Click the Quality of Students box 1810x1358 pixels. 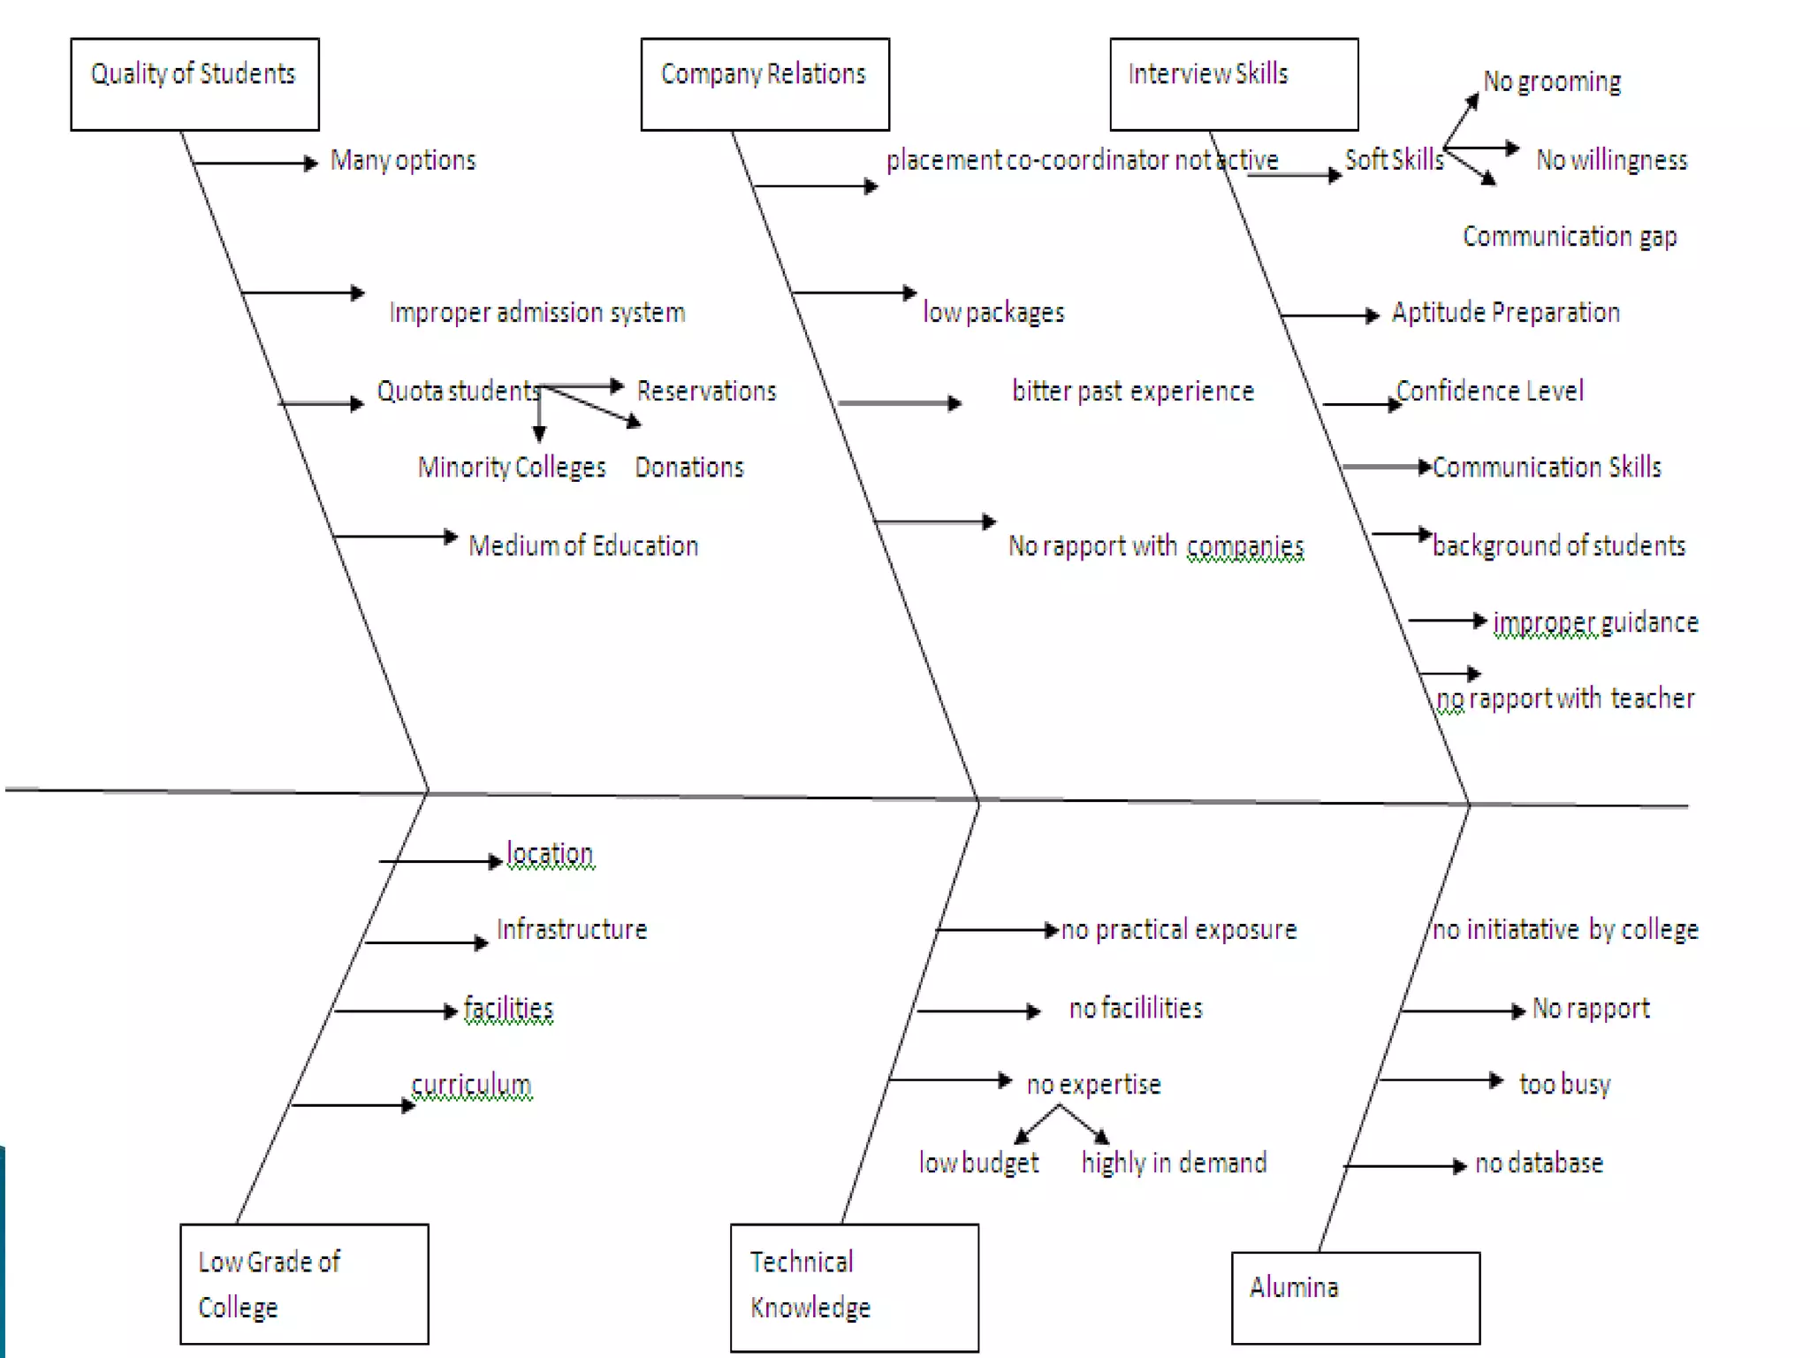[x=194, y=84]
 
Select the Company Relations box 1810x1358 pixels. [x=764, y=84]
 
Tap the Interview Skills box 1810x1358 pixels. [x=1234, y=84]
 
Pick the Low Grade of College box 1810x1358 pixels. [x=304, y=1284]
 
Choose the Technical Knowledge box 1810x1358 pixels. [x=854, y=1287]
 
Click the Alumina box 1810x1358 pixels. [x=1355, y=1297]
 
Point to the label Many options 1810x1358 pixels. [x=403, y=160]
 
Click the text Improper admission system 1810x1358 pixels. [x=536, y=312]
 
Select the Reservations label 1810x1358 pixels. [x=706, y=391]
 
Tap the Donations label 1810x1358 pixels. [x=689, y=467]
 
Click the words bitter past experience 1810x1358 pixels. [x=1132, y=391]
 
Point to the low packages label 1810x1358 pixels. [x=993, y=312]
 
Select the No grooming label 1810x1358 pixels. [x=1552, y=81]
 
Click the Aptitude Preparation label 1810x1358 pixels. [x=1505, y=312]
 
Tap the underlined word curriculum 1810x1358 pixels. [x=472, y=1084]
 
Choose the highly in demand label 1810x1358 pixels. [x=1174, y=1162]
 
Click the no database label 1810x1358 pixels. [x=1539, y=1163]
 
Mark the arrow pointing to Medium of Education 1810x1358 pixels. [x=395, y=537]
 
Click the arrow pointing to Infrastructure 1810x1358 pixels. [x=426, y=942]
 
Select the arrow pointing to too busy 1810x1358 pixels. [x=1441, y=1080]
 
